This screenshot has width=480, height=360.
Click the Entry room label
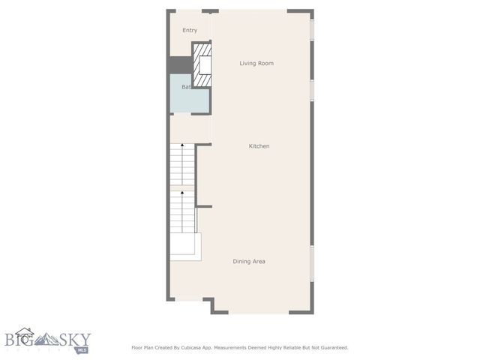point(190,30)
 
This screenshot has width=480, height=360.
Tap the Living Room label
point(256,63)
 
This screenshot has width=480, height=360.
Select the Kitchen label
point(259,145)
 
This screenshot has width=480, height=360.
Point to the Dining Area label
point(249,261)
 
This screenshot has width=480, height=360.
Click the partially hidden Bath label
point(185,87)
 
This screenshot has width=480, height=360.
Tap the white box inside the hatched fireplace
point(204,66)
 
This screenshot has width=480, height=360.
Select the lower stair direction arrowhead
point(182,192)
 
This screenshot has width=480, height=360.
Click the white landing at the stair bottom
point(186,246)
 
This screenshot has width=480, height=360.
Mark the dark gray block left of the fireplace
point(180,65)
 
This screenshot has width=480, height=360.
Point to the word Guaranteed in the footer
point(331,347)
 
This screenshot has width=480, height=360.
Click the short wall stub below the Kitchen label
point(204,206)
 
